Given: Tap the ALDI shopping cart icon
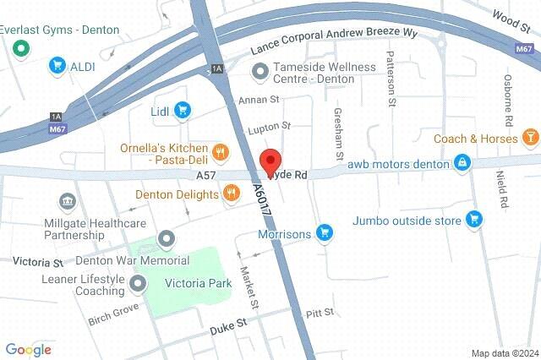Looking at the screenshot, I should [x=57, y=64].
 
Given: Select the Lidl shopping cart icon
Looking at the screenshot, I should [x=183, y=109].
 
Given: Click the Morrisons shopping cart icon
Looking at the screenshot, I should [x=324, y=232].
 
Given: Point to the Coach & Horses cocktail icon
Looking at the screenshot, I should [x=529, y=138].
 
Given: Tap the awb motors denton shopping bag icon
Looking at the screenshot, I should [x=462, y=163].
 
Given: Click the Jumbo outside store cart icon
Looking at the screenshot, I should [x=474, y=220].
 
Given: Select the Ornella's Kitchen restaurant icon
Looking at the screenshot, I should [x=220, y=152].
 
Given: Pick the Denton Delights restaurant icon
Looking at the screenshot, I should [x=230, y=195].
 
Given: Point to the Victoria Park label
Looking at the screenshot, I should [x=198, y=283].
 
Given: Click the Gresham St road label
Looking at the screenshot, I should [x=338, y=134].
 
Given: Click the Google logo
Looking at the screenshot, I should [x=28, y=349].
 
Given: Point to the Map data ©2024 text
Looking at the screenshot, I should [x=504, y=352].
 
